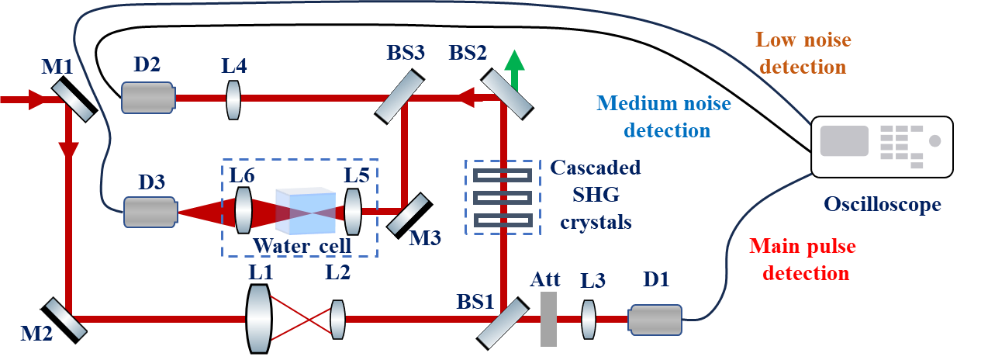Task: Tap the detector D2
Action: click(x=148, y=98)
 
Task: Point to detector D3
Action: click(x=150, y=212)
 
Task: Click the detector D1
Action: click(x=655, y=319)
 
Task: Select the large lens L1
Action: click(x=258, y=318)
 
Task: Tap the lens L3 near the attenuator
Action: click(x=589, y=319)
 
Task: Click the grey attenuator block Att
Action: click(x=548, y=319)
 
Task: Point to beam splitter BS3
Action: click(x=400, y=97)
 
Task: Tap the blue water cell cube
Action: click(x=306, y=211)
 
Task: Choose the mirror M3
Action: click(x=407, y=213)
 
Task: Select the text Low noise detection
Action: click(x=803, y=53)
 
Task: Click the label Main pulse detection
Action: click(x=803, y=259)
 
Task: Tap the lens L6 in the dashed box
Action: click(x=244, y=210)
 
